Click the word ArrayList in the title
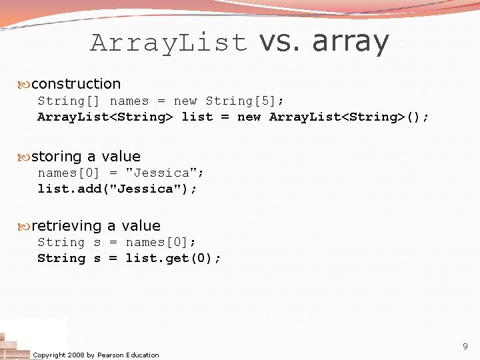point(169,43)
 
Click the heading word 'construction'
point(76,84)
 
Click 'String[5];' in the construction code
point(245,101)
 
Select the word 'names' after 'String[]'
point(129,101)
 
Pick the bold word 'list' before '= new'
point(197,117)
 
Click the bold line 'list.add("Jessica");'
point(117,189)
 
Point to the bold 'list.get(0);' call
point(173,258)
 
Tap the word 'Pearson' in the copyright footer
point(110,355)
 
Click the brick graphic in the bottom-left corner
point(15,343)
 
